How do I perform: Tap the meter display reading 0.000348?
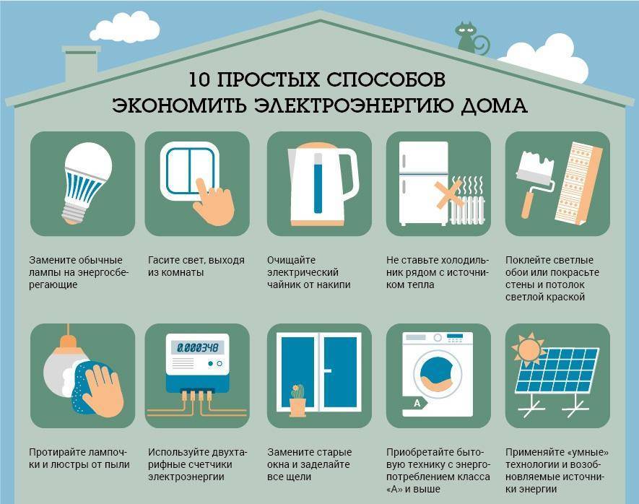[x=197, y=347]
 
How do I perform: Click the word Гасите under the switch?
[x=163, y=259]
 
